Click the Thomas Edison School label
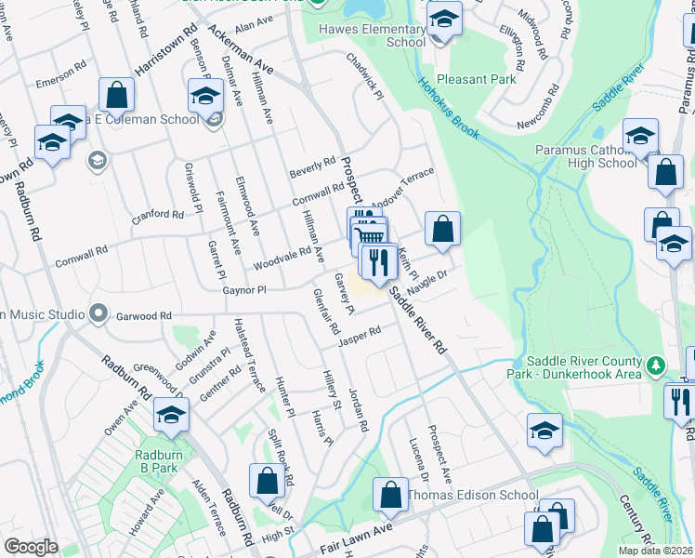(472, 495)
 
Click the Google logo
(31, 547)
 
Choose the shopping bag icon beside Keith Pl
(442, 229)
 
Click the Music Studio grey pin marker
(98, 313)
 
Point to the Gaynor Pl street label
(244, 290)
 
